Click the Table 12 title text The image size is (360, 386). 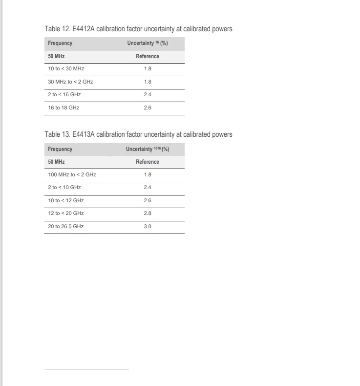coord(138,29)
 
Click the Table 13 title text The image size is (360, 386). coord(138,134)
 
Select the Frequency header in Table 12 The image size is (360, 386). coord(60,43)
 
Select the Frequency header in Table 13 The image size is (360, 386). coord(60,149)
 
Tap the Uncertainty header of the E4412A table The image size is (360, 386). coord(148,43)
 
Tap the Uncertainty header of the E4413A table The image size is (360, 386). coord(148,149)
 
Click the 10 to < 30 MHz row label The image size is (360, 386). coord(66,69)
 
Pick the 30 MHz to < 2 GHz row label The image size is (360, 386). coord(70,82)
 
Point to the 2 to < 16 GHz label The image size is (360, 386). coord(64,94)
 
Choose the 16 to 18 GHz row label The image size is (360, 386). coord(64,107)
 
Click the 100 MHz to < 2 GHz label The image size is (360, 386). coord(72,174)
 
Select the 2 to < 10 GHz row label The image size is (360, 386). coord(64,187)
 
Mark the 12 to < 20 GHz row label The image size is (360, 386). coord(66,213)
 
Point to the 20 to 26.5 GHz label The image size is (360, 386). coord(66,226)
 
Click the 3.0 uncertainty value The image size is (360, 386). coord(148,226)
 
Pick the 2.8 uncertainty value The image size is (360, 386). coord(148,213)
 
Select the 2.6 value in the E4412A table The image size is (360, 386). coord(148,107)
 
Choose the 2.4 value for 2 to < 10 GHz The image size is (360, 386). coord(148,187)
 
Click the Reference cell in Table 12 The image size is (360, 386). coord(148,56)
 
